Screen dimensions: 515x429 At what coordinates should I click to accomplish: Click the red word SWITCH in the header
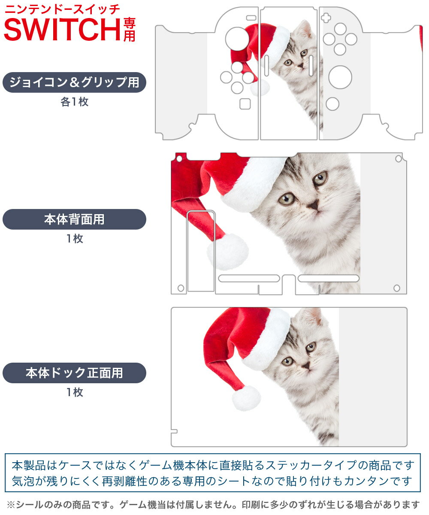[62, 29]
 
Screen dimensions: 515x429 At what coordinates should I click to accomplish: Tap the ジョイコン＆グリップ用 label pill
[74, 82]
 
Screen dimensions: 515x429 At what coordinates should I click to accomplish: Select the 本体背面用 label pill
[74, 219]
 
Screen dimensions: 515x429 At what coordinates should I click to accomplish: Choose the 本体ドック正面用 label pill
[74, 373]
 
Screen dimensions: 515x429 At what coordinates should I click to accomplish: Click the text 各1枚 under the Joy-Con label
[74, 102]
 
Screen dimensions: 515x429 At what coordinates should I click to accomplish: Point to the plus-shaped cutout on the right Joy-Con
[327, 18]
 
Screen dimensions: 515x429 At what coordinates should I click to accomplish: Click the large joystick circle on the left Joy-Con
[237, 39]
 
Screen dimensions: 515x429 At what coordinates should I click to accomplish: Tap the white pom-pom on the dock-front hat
[246, 398]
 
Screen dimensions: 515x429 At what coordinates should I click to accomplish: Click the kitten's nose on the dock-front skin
[305, 365]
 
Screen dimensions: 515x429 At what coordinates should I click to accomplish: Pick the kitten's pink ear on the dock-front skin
[317, 317]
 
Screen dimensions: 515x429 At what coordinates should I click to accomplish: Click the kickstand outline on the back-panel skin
[201, 251]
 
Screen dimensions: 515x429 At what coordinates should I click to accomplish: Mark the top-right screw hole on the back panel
[398, 159]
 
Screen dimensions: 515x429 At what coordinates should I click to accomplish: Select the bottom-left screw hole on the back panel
[181, 288]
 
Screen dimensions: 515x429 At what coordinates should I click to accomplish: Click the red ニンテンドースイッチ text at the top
[62, 9]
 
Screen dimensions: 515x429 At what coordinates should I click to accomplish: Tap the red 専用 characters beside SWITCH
[129, 29]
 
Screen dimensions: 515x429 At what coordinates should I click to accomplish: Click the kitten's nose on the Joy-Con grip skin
[301, 66]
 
